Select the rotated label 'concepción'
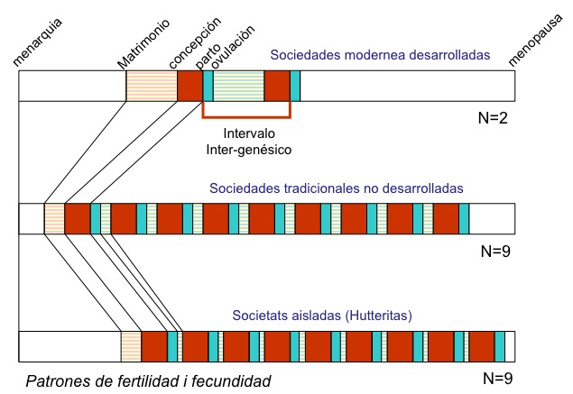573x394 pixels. click(194, 43)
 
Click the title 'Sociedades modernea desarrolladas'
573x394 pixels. click(379, 56)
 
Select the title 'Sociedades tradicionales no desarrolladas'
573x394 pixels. click(336, 189)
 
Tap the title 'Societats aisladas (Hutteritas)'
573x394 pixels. click(322, 316)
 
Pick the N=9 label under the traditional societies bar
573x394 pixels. click(494, 252)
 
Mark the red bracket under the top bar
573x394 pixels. click(246, 116)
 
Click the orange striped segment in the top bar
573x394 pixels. click(152, 86)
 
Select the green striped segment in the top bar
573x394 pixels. click(238, 86)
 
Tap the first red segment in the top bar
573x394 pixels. click(189, 86)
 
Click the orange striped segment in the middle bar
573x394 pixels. click(54, 219)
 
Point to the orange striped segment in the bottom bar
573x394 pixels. click(131, 346)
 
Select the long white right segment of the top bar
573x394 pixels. click(407, 86)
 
